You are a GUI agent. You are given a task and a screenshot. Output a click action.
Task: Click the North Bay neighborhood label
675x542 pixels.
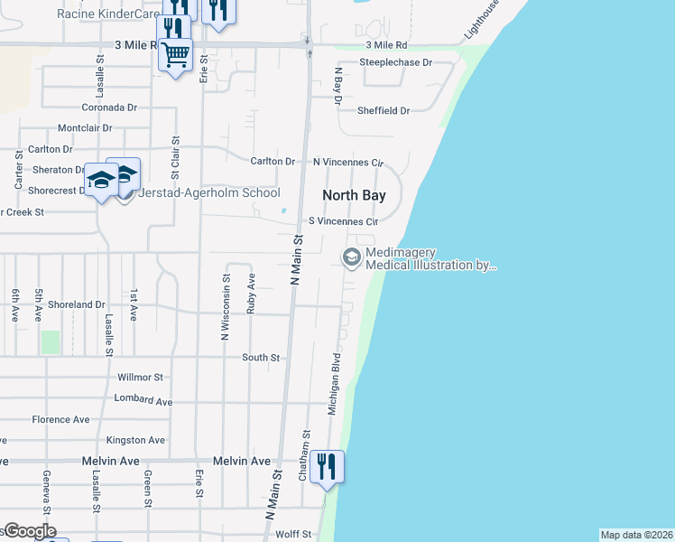(355, 195)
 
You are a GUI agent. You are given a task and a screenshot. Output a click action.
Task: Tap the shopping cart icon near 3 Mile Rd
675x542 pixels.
(175, 54)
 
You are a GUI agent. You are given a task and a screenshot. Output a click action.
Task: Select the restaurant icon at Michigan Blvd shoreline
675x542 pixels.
(327, 466)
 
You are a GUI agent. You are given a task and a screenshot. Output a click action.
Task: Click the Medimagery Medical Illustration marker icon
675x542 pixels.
(350, 258)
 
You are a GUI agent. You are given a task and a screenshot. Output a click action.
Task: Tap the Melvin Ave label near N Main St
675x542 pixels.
(242, 461)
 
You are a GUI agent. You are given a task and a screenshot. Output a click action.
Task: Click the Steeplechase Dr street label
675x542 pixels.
(396, 62)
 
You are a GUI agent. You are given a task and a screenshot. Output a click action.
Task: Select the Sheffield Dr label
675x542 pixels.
(384, 110)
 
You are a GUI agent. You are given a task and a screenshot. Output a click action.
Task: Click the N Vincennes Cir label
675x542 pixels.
(348, 162)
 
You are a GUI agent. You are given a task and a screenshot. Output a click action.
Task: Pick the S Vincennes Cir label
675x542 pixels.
(343, 221)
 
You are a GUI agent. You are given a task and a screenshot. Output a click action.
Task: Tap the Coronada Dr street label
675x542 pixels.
(108, 107)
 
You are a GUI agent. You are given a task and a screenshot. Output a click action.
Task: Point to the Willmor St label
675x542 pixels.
(140, 377)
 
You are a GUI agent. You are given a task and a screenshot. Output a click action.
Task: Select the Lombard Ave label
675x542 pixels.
(143, 399)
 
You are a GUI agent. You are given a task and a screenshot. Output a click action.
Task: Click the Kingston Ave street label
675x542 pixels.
(135, 440)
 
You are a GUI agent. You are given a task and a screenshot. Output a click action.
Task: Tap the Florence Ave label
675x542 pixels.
(60, 420)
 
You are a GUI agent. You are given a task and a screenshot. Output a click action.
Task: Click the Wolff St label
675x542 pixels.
(293, 535)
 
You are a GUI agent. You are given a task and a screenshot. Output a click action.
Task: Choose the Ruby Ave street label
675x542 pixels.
(252, 294)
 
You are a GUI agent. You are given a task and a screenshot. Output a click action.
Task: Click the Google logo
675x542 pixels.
(29, 531)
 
